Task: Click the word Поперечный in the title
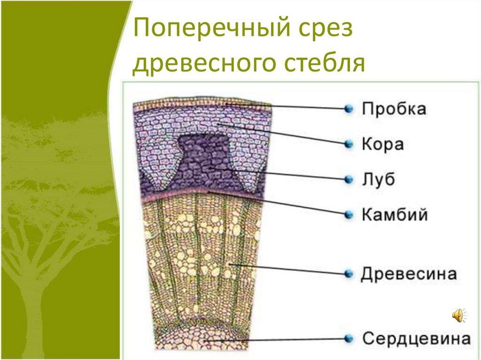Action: point(212,28)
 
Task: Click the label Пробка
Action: point(394,108)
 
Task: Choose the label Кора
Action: point(382,144)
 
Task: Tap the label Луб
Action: point(378,179)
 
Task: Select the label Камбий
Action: point(395,214)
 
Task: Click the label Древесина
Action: point(409,274)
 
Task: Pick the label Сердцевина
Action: point(416,339)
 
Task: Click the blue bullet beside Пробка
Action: point(349,108)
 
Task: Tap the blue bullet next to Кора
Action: point(349,144)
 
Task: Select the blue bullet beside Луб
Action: point(349,179)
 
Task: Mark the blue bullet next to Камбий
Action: point(349,214)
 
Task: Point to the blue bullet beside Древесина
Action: point(349,274)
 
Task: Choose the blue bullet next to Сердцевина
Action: point(349,339)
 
